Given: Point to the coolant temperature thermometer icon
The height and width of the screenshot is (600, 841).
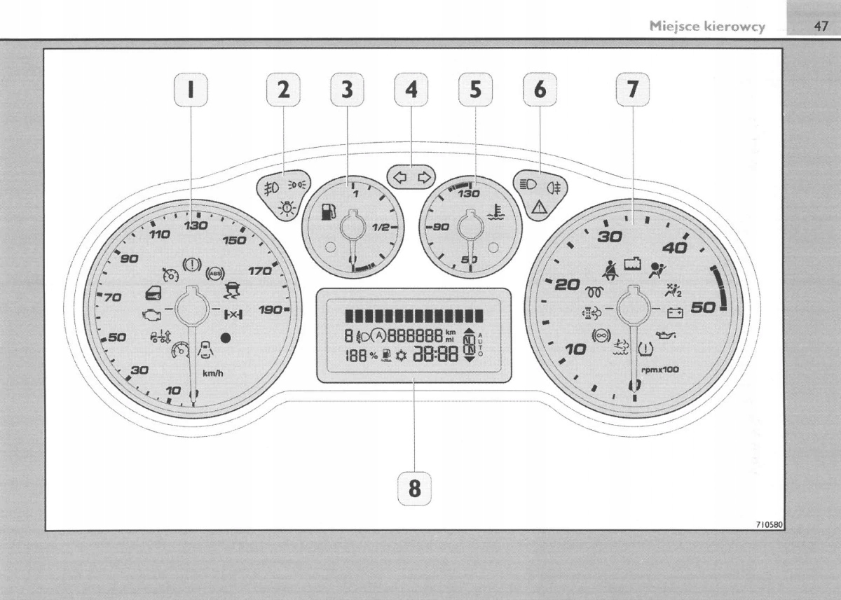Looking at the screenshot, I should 496,211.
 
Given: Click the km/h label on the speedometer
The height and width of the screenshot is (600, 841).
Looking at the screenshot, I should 213,373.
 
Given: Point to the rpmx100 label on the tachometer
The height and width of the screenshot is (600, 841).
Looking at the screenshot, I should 660,369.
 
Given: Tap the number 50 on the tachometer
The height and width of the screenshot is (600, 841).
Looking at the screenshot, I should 702,307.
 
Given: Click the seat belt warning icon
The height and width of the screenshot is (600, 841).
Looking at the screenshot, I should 608,267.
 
